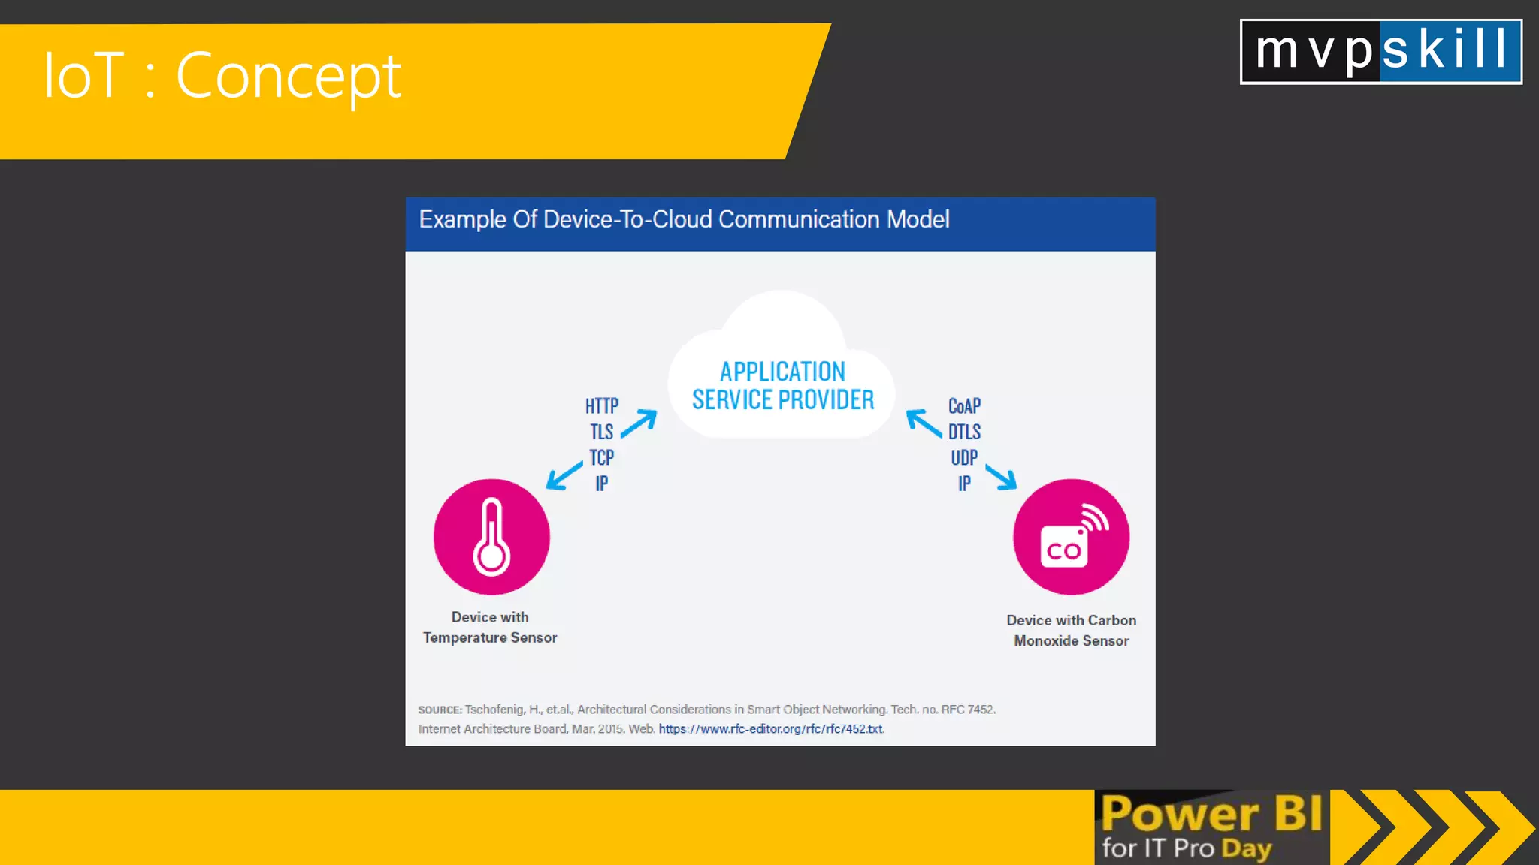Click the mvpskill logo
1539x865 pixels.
tap(1380, 51)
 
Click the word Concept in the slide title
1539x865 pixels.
tap(289, 76)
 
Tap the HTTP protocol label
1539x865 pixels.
tap(602, 406)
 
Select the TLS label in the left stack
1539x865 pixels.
tap(602, 432)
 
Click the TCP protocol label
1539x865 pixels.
tap(602, 457)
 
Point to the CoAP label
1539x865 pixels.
tap(964, 406)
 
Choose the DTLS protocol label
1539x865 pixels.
tap(964, 432)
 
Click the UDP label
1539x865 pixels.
tap(964, 457)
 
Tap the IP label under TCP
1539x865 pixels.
tap(602, 484)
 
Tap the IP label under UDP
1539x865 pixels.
tap(964, 484)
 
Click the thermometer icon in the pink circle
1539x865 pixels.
tap(491, 537)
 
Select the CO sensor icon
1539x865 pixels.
tap(1071, 537)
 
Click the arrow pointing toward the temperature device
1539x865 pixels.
tap(564, 475)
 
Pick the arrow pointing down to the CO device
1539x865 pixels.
tap(1002, 477)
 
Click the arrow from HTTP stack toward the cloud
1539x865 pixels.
tap(639, 423)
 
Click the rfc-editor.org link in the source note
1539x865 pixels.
tap(770, 729)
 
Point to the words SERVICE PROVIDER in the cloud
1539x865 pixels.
tap(783, 400)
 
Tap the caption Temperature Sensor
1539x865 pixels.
tap(490, 637)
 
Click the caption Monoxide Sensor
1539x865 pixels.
tap(1071, 640)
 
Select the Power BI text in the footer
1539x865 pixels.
tap(1211, 814)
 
